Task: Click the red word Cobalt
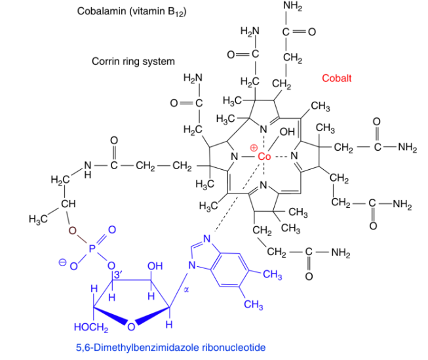(336, 78)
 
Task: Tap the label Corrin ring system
(133, 62)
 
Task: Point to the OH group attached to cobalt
(286, 133)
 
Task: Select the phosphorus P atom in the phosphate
(91, 249)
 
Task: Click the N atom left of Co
(233, 157)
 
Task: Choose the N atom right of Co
(294, 156)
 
